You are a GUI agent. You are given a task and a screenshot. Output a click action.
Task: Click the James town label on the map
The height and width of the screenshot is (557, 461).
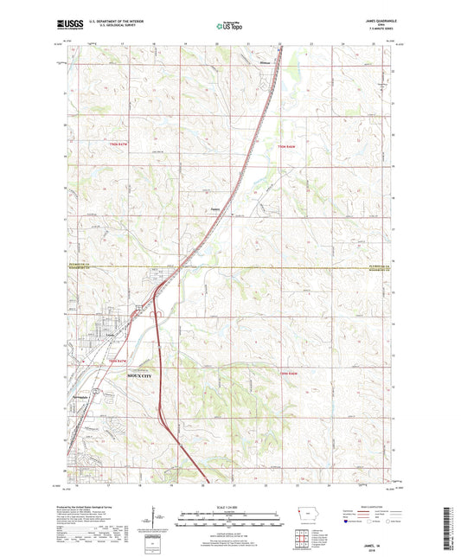(216, 208)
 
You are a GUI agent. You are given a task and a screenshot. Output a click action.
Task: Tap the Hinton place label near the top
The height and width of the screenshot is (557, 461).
(266, 61)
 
